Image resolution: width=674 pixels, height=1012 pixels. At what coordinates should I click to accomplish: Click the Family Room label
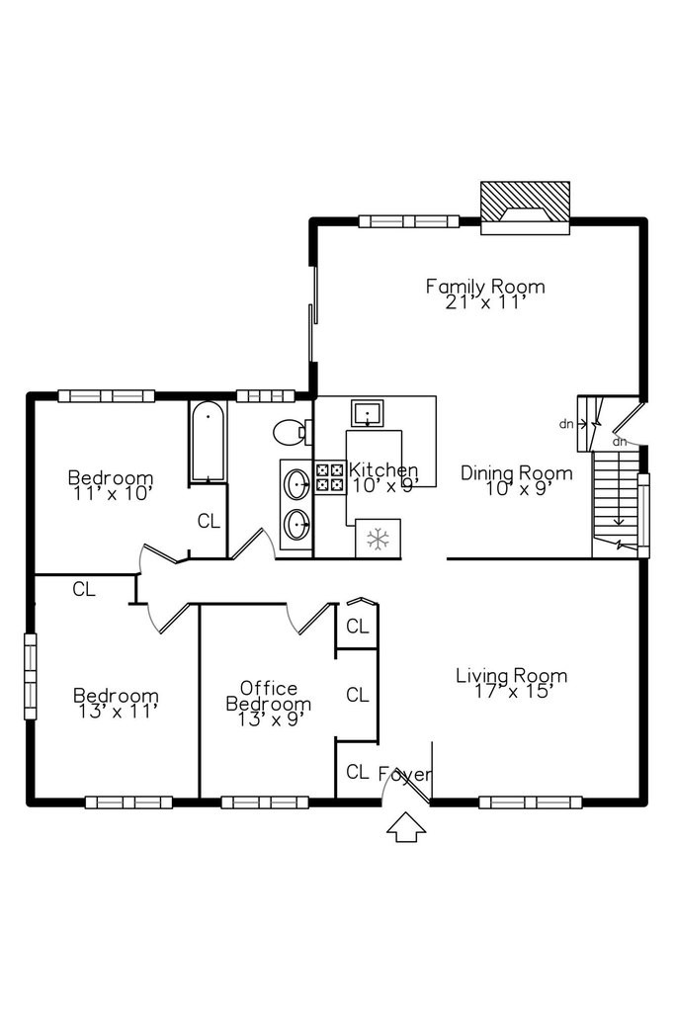click(485, 286)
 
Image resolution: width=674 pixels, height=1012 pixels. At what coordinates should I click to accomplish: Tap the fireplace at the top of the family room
click(526, 208)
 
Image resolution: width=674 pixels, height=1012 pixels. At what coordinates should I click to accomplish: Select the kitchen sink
click(368, 413)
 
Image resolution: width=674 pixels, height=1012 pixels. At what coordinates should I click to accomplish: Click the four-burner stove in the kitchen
click(329, 478)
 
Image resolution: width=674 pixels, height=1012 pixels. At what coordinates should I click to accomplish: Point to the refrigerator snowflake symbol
click(378, 539)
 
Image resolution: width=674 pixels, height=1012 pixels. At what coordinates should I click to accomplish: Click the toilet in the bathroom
click(293, 432)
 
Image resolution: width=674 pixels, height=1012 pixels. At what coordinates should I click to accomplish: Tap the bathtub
click(208, 442)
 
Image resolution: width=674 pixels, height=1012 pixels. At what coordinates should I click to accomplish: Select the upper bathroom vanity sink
click(296, 484)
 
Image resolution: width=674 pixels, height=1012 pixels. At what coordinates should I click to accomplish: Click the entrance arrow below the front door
click(406, 827)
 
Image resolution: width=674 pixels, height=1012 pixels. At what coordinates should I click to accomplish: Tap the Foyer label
click(405, 773)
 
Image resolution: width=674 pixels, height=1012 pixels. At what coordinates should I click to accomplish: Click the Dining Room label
click(517, 473)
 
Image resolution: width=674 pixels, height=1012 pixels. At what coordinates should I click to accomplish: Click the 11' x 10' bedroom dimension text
click(113, 494)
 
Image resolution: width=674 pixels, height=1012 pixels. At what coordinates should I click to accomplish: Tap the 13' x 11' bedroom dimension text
click(117, 712)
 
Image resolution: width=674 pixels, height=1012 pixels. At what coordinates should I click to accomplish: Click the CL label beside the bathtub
click(209, 521)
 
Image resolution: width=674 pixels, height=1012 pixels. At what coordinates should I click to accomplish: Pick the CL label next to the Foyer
click(358, 771)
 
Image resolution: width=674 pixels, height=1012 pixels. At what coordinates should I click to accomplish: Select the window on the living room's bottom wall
click(530, 802)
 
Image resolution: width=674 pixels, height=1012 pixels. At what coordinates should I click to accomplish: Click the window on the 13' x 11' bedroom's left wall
click(30, 676)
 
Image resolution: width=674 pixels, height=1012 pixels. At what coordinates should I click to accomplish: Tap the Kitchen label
click(383, 469)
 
